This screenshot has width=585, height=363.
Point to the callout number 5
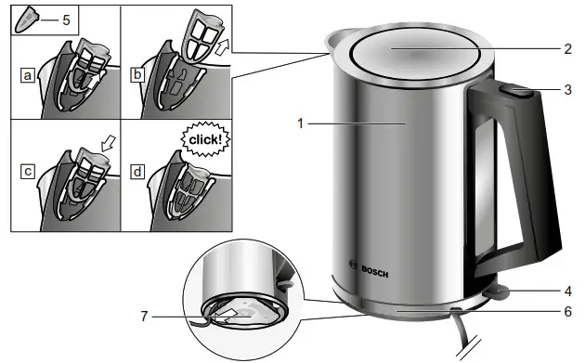(x=66, y=19)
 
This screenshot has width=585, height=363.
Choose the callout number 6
(x=568, y=313)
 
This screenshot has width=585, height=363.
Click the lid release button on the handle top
(x=513, y=90)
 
